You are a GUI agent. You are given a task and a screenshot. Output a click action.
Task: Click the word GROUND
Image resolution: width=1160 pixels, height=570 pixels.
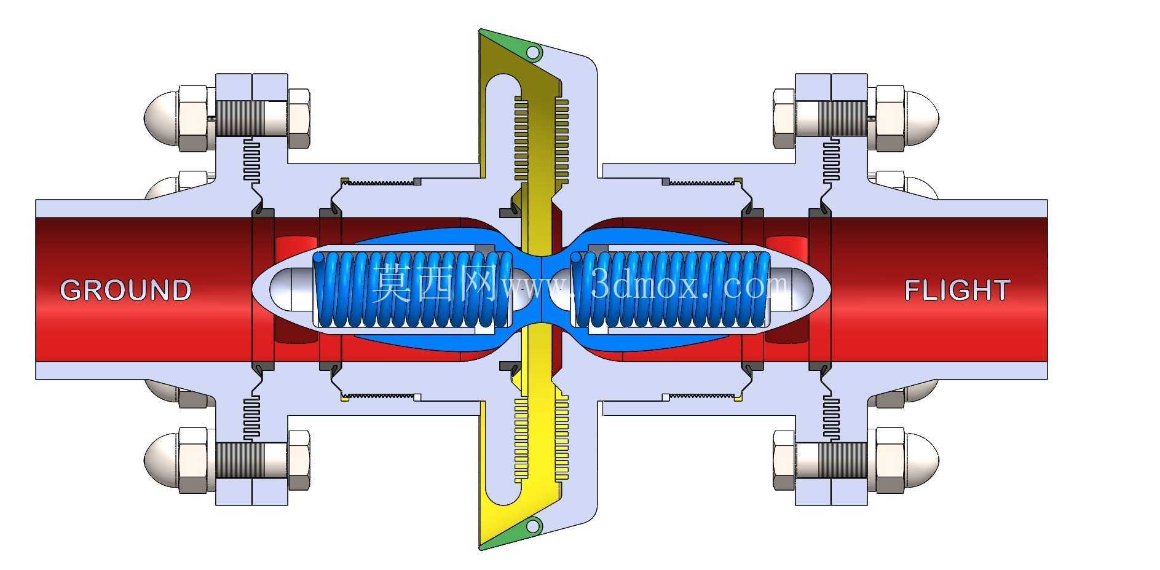click(125, 290)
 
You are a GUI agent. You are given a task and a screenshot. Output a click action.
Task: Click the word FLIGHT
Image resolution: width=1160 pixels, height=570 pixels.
click(957, 290)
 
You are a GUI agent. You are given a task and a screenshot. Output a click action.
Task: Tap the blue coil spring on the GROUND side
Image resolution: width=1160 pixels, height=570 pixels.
click(412, 289)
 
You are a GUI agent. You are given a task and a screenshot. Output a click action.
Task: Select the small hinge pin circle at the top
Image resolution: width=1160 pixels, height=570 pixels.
click(534, 52)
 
